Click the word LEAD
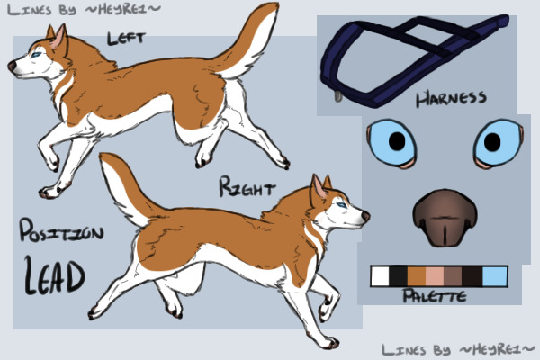tap(54, 276)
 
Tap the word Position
tap(61, 230)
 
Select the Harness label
tap(451, 98)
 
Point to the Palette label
tap(435, 296)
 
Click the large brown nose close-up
tap(445, 218)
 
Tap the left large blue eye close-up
tap(391, 143)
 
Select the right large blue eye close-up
tap(499, 142)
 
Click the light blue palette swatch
tap(495, 276)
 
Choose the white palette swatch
tap(380, 276)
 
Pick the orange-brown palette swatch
tap(417, 276)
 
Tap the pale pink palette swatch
tap(435, 276)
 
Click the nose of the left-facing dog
tap(12, 66)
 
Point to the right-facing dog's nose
tap(365, 216)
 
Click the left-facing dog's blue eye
tap(37, 55)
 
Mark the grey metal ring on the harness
tap(338, 96)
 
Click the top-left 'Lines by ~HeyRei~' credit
tap(84, 10)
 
